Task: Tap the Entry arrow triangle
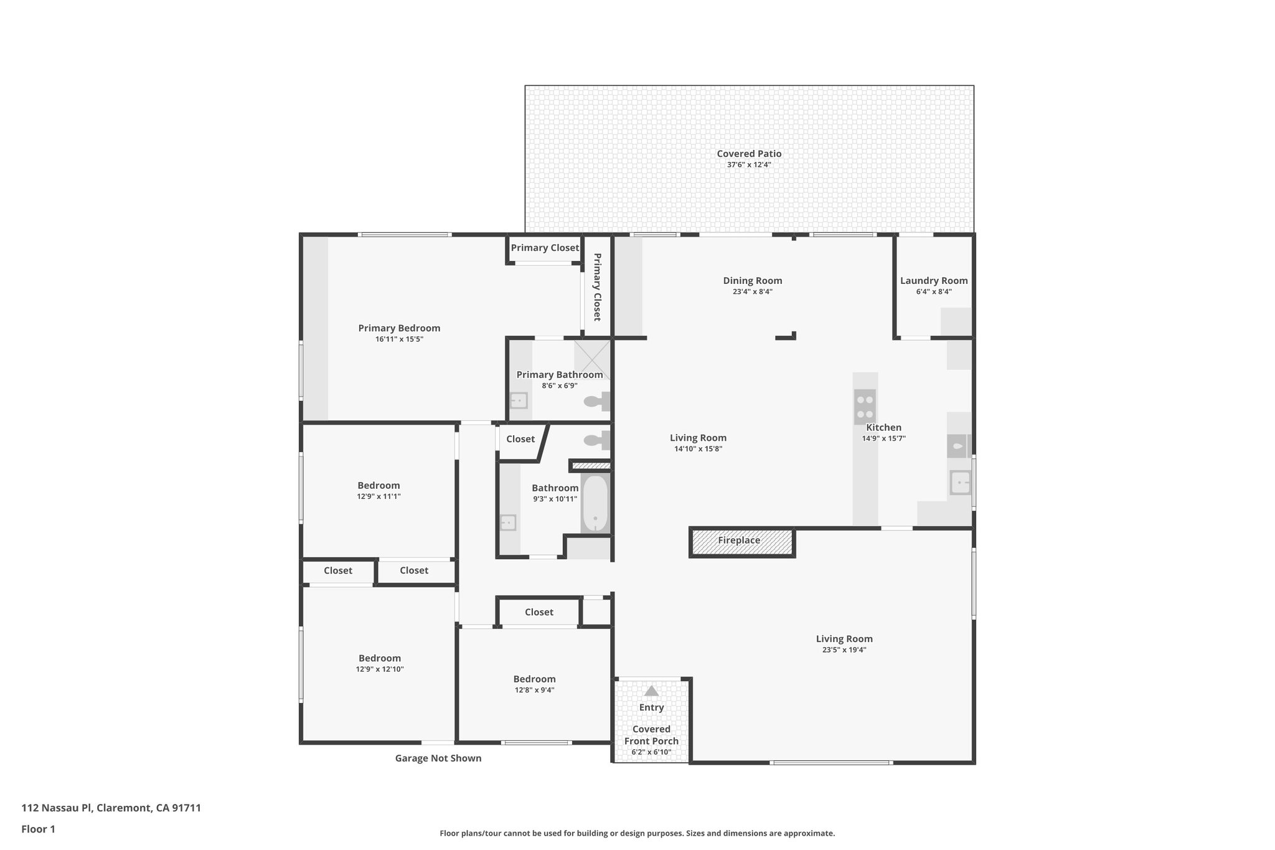point(651,691)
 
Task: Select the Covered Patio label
point(749,154)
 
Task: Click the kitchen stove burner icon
point(865,407)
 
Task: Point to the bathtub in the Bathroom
point(595,503)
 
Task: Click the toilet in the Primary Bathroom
point(596,402)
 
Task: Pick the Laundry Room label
point(933,281)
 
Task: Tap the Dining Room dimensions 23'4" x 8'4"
point(752,291)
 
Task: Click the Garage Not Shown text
point(438,758)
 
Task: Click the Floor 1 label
point(38,829)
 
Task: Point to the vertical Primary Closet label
point(597,286)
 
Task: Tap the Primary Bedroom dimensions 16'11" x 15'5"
point(399,339)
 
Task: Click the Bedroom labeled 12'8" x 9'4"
point(534,679)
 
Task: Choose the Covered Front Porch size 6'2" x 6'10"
point(651,752)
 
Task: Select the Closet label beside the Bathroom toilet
point(520,439)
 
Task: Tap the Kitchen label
point(883,428)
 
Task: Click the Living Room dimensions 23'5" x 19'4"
point(844,650)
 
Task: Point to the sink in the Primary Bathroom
point(519,400)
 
